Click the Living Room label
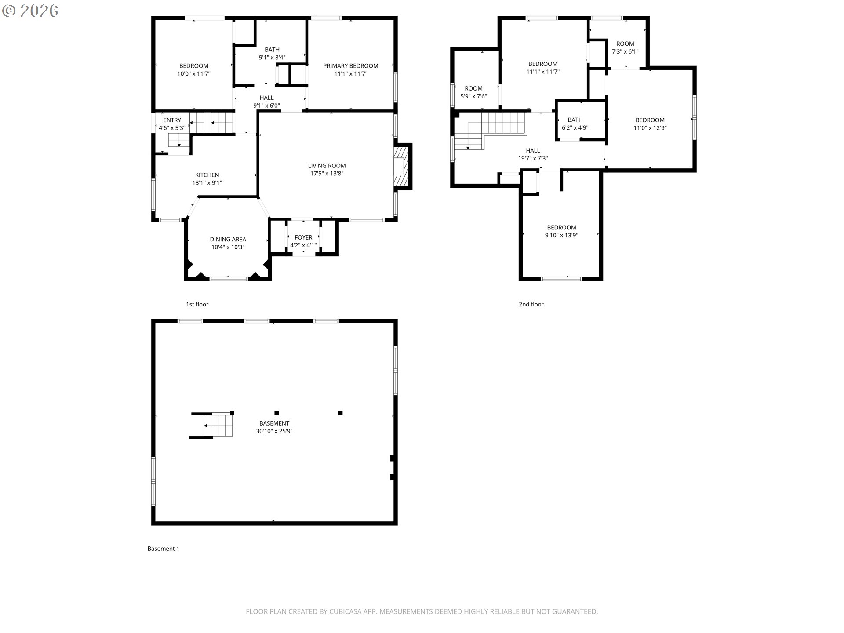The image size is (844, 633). pos(327,166)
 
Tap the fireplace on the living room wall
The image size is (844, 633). pos(401,167)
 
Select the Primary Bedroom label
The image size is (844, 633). pos(351,66)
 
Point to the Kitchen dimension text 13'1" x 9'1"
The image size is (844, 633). pos(207,183)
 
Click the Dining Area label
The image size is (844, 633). pos(228,240)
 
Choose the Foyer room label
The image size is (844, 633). pos(303,237)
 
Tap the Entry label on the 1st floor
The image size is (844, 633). pos(172,120)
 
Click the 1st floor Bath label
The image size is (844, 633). pos(272,50)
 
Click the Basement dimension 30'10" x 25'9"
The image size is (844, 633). pos(274,431)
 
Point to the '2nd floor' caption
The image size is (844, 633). pos(531,304)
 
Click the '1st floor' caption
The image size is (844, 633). pos(197,304)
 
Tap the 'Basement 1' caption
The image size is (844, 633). pos(163,549)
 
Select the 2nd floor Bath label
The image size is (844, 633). pos(575,120)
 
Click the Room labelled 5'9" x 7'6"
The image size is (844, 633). pos(473,88)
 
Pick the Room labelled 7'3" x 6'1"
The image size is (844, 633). pos(625,44)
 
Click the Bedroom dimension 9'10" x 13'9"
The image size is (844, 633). pos(561,235)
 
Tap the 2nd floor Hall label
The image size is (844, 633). pos(533,151)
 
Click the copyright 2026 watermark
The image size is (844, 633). pos(30,11)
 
